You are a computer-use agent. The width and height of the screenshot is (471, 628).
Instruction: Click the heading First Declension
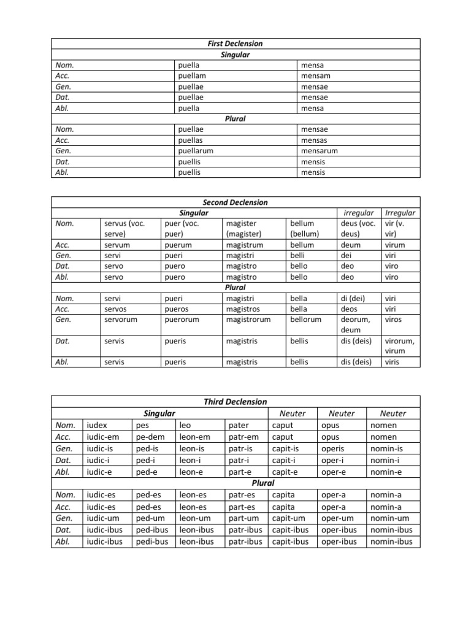[235, 44]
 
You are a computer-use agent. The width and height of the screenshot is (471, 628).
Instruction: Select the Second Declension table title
[235, 202]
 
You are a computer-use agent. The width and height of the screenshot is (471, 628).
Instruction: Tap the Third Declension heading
[235, 402]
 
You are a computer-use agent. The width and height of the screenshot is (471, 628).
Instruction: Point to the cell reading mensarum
[320, 151]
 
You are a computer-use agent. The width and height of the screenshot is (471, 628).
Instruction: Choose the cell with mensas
[314, 140]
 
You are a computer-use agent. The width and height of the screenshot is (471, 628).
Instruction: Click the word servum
[118, 245]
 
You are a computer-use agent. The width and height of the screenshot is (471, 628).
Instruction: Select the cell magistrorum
[248, 320]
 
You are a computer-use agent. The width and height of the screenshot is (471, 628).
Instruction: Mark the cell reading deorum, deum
[356, 325]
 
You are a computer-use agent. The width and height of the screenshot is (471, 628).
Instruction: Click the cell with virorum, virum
[399, 347]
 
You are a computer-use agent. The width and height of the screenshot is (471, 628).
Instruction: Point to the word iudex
[98, 425]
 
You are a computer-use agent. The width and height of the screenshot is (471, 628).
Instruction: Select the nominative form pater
[239, 425]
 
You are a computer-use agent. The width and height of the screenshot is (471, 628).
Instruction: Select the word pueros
[177, 309]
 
